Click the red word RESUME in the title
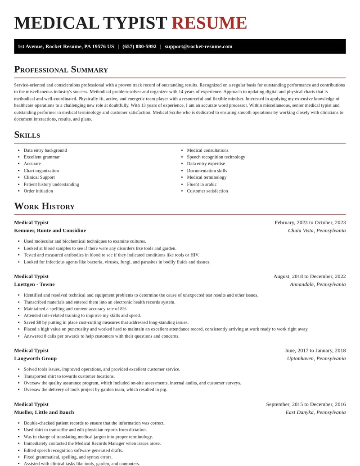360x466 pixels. tap(209, 23)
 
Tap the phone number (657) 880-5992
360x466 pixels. tap(139, 46)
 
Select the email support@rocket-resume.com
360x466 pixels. tap(198, 46)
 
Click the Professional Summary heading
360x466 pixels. tap(61, 69)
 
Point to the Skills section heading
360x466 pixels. tap(27, 135)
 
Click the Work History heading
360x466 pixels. tap(44, 206)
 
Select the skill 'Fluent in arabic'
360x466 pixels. tap(202, 184)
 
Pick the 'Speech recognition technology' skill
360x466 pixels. tap(216, 157)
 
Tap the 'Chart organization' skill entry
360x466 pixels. tap(41, 171)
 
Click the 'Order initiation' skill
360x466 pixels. tap(38, 191)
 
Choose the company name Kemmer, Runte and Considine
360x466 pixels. tap(50, 231)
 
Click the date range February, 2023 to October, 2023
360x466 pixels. tap(310, 222)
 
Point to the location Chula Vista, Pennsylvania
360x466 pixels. tap(317, 231)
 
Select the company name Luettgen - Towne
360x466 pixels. tap(34, 284)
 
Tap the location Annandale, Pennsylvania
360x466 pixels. tap(318, 284)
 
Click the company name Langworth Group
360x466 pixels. tap(35, 358)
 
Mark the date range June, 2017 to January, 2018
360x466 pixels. tap(315, 350)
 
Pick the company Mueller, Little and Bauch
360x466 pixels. tap(44, 412)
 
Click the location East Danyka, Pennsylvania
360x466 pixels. tap(315, 412)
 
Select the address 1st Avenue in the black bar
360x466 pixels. tap(66, 46)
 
